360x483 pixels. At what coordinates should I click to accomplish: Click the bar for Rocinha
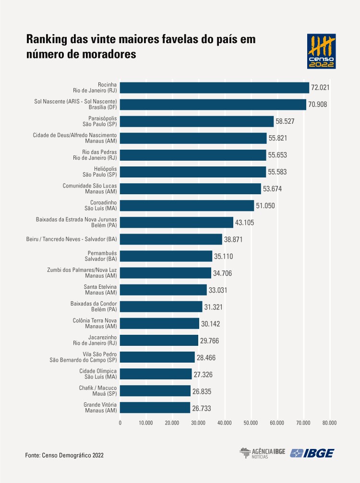215,87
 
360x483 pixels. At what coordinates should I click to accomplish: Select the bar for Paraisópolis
197,121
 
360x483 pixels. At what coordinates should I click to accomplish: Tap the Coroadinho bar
187,206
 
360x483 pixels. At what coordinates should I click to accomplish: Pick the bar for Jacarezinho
159,340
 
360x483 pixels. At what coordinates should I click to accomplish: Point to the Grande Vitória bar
155,408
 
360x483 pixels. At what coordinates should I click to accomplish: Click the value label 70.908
318,105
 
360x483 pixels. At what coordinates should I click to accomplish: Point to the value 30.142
211,324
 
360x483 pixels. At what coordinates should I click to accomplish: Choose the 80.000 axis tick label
329,423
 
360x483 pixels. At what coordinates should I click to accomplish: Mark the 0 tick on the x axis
120,423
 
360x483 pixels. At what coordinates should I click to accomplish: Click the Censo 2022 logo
321,51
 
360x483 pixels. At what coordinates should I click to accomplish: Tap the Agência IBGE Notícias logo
262,453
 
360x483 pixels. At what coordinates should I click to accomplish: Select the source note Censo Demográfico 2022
64,454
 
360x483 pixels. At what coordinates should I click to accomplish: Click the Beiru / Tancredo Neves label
72,239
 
